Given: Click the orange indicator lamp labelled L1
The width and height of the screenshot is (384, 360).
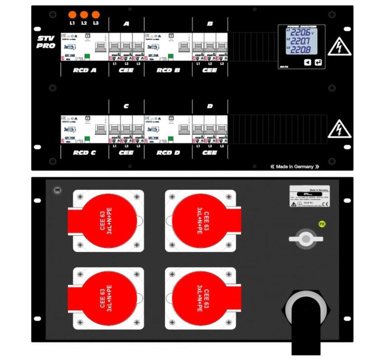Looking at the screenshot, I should point(72,14).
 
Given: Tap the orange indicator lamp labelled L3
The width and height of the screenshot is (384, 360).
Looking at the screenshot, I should point(95,14).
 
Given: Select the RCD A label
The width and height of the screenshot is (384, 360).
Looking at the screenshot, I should point(84,70).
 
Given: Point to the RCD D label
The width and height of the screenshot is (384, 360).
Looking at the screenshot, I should point(168,153).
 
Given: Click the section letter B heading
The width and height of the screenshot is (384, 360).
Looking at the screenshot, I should point(210,24).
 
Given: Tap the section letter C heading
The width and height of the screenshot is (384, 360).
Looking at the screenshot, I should point(126,106).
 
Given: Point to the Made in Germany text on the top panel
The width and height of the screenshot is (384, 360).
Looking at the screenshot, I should point(295,167).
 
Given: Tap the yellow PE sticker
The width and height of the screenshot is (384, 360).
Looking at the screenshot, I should point(322,223).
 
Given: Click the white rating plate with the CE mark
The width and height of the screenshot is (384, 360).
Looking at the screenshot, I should point(309,196).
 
